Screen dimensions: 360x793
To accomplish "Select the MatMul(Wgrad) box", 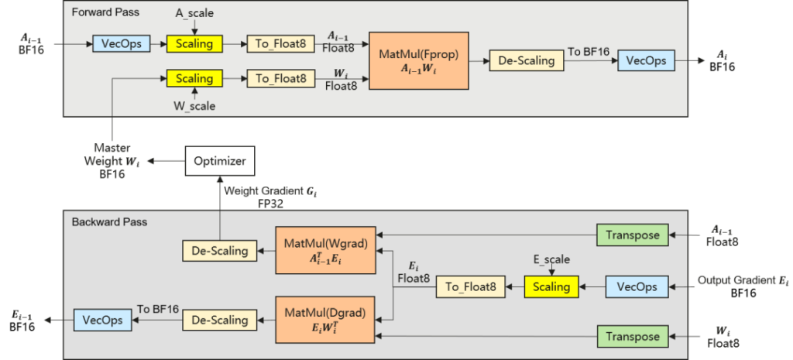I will (x=324, y=250).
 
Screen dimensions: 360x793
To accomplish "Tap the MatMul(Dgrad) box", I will (x=324, y=319).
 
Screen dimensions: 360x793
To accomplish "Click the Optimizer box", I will (x=220, y=161).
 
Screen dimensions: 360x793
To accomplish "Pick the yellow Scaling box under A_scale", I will (x=194, y=43).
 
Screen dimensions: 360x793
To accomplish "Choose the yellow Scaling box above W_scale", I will (x=194, y=78).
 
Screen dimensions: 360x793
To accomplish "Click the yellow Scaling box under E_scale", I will (x=551, y=286).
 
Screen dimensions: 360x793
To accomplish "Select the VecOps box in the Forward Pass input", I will (x=121, y=43).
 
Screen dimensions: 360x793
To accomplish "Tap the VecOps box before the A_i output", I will (x=646, y=60).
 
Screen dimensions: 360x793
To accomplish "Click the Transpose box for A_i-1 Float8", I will (x=632, y=235).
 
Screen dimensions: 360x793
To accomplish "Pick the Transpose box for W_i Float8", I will (x=632, y=336).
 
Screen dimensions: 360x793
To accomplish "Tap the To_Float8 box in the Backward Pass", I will (x=469, y=286).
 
